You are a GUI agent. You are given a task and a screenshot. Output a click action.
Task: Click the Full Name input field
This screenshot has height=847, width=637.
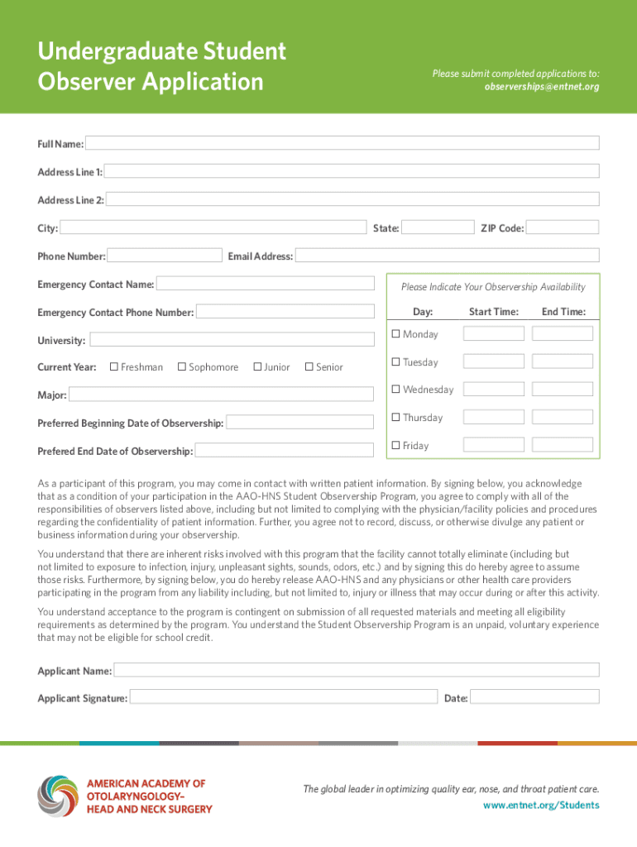342,143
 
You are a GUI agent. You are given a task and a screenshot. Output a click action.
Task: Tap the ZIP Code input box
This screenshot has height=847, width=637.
562,227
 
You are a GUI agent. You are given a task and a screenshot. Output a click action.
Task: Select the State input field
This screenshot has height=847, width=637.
436,227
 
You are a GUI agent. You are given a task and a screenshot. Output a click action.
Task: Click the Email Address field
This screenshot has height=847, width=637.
447,256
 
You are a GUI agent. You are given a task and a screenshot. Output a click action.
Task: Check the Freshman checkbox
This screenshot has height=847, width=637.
114,366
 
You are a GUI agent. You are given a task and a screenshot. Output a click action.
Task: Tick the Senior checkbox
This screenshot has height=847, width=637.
309,366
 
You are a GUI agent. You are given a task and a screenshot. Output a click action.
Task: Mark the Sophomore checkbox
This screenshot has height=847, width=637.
182,366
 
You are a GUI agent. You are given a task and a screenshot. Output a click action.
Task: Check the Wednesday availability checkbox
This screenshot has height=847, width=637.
396,389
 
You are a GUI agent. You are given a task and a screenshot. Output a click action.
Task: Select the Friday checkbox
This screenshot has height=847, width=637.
396,445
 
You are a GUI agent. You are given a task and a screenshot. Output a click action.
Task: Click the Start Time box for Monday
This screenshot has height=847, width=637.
493,333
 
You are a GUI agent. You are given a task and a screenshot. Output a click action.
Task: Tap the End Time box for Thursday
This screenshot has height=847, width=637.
563,417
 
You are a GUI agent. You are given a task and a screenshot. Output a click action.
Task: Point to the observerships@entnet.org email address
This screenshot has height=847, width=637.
542,87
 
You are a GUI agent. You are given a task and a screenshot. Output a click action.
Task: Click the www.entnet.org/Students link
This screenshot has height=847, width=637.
541,805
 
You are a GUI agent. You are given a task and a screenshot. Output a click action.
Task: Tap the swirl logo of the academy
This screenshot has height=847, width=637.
57,797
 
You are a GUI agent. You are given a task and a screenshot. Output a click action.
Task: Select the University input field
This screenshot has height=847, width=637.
231,340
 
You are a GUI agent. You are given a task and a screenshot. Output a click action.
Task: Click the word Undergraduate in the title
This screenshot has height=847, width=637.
107,52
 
